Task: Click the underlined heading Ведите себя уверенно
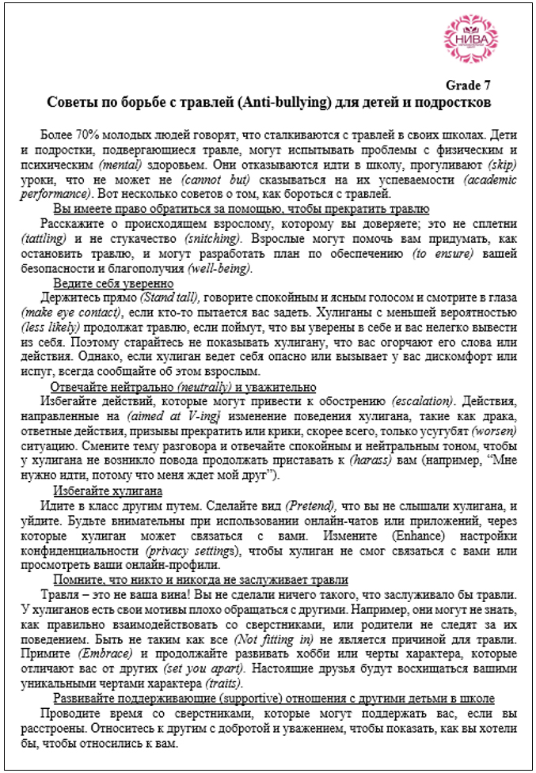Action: [114, 282]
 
